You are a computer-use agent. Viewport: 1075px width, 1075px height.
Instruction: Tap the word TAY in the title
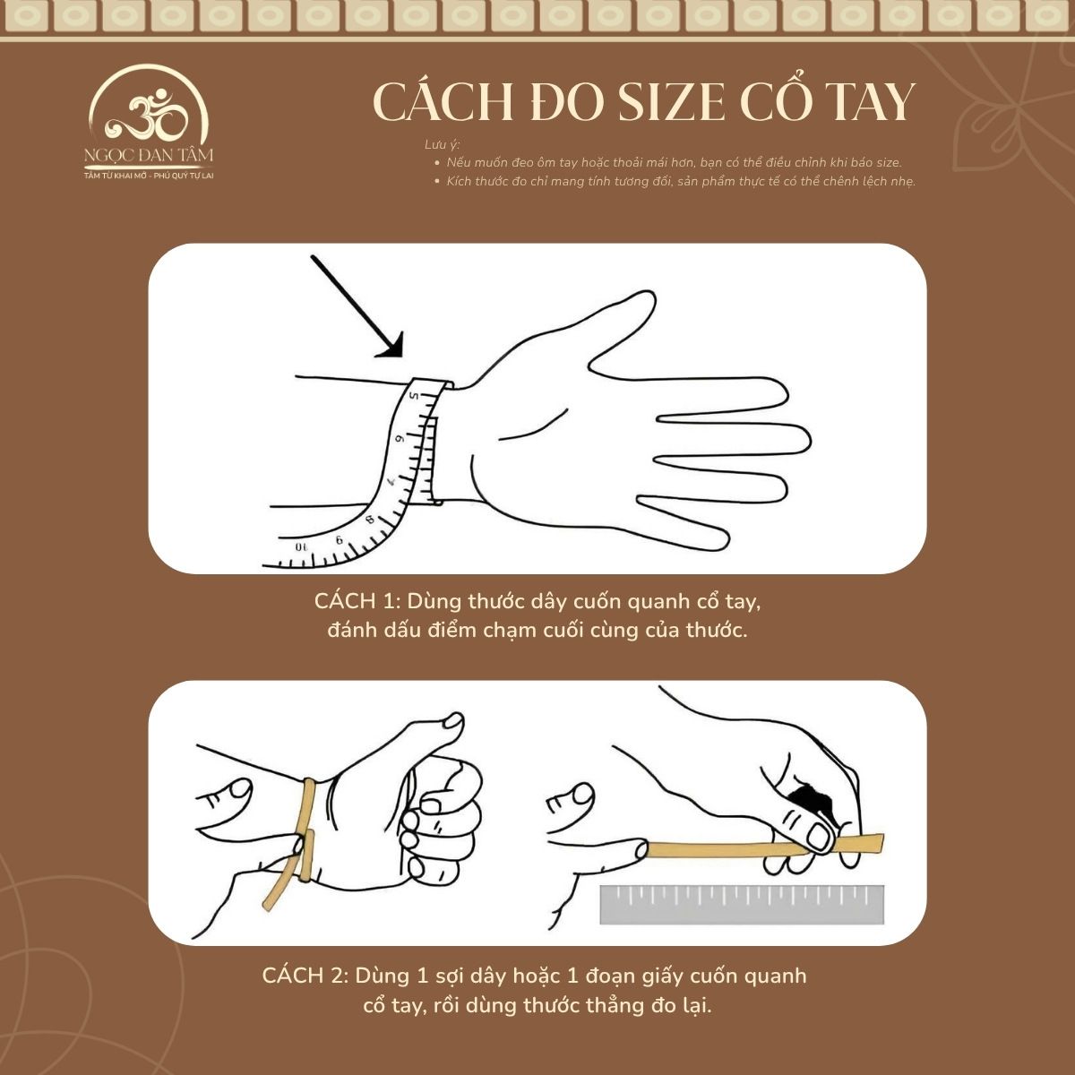(861, 102)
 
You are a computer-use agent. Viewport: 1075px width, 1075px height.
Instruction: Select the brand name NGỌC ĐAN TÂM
(149, 156)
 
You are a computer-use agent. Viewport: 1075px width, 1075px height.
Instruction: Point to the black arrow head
(392, 346)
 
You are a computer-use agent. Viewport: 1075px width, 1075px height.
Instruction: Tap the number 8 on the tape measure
(369, 519)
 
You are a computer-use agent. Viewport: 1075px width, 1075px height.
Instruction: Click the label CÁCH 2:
(305, 976)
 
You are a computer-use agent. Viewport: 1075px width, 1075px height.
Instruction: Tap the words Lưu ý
(442, 145)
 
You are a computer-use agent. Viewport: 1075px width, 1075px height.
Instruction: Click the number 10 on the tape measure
(302, 545)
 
